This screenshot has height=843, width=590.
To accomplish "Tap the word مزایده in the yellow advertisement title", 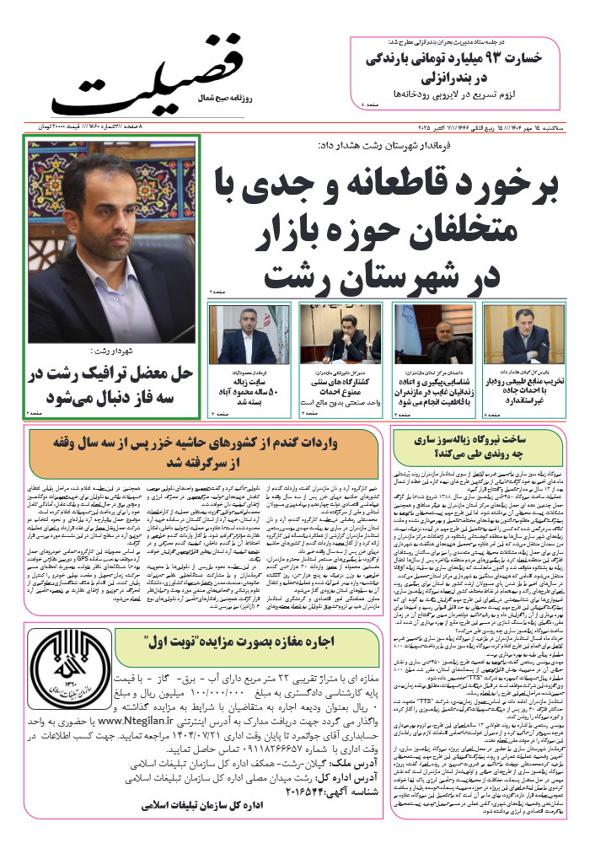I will point(233,640).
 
